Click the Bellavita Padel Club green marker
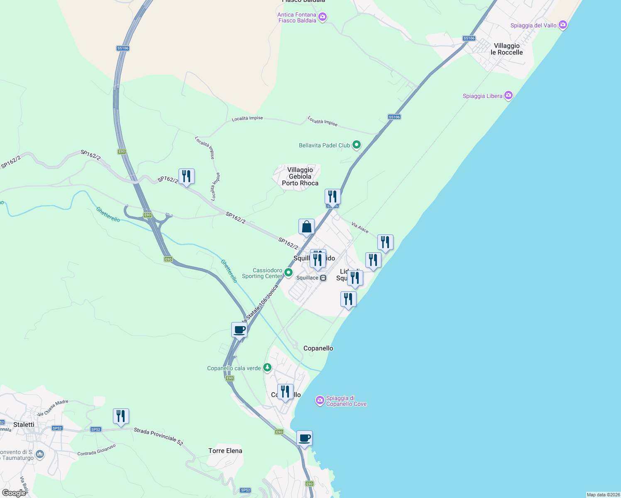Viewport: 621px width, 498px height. click(x=357, y=145)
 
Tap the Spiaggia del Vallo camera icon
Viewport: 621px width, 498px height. click(x=563, y=25)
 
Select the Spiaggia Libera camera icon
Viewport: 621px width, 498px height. click(x=509, y=96)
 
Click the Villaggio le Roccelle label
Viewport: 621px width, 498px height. click(x=506, y=49)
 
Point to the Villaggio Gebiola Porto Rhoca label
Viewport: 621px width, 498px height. click(x=300, y=176)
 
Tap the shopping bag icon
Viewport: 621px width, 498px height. click(x=306, y=227)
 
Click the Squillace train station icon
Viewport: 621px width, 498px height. click(x=323, y=278)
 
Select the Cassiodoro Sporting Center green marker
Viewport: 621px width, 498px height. click(x=288, y=273)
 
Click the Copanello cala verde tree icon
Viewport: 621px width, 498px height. click(x=268, y=368)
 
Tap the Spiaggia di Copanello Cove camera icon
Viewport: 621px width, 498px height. click(x=320, y=400)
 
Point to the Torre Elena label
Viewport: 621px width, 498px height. click(x=225, y=451)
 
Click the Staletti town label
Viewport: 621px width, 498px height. click(x=24, y=425)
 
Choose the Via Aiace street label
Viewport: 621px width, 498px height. click(x=359, y=227)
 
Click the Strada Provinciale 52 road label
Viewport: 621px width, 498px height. click(x=158, y=437)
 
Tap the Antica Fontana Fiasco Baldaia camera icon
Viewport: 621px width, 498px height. click(x=323, y=17)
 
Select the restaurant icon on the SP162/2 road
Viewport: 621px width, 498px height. click(x=186, y=176)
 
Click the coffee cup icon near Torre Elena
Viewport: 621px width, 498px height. click(x=304, y=438)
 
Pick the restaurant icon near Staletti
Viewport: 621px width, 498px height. click(x=121, y=416)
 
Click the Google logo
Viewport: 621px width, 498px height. click(x=14, y=493)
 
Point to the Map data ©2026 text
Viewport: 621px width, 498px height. click(x=603, y=495)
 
